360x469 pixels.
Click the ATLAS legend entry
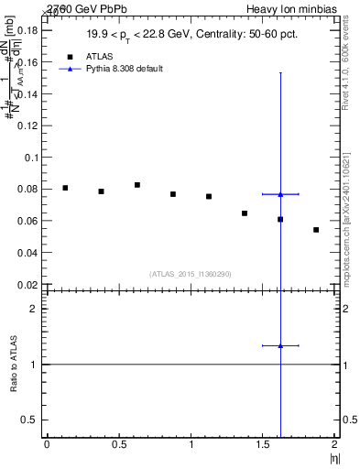coord(99,56)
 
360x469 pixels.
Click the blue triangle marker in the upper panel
coord(280,194)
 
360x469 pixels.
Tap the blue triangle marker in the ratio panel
coord(280,345)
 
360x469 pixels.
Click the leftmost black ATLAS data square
coord(65,188)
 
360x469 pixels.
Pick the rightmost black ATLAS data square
coord(316,230)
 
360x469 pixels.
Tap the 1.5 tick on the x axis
coord(264,443)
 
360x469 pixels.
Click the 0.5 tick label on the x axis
coord(119,443)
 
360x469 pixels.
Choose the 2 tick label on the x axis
coord(335,443)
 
